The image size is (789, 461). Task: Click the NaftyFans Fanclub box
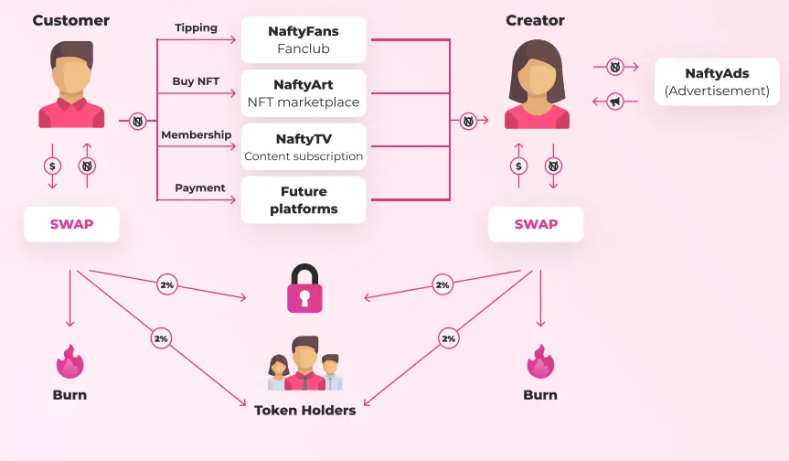(x=304, y=39)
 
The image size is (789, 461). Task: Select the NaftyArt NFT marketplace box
(x=304, y=93)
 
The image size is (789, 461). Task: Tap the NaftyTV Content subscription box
(x=304, y=147)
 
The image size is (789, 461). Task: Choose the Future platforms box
(x=304, y=199)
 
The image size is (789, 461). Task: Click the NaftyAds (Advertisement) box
(x=717, y=81)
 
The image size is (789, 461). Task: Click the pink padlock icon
(x=304, y=288)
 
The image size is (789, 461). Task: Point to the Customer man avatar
(x=71, y=84)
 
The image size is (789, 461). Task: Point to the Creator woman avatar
(x=537, y=84)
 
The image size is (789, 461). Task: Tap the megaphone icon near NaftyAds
(x=615, y=102)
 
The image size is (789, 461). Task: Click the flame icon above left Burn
(x=70, y=361)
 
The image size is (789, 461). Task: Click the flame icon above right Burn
(x=540, y=361)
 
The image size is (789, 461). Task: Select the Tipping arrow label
(x=197, y=28)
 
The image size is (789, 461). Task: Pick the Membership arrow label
(x=197, y=134)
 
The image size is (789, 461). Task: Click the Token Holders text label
(x=305, y=410)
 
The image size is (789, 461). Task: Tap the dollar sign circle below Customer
(x=52, y=166)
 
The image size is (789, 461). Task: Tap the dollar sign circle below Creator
(x=518, y=166)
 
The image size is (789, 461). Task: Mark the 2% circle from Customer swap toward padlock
(x=167, y=284)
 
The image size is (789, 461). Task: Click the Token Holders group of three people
(x=305, y=363)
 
